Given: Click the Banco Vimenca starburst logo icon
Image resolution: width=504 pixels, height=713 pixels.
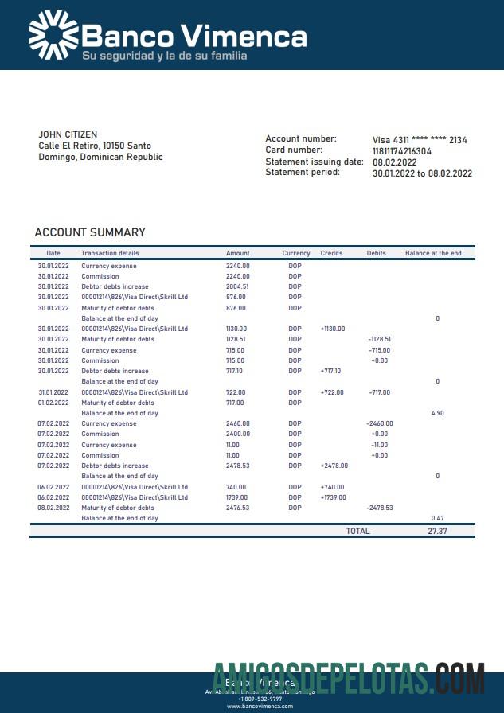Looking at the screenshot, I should point(53,34).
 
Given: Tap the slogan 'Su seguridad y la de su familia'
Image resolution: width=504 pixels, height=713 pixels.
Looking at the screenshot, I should point(164,56).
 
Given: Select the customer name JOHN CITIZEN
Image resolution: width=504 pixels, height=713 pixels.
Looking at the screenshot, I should point(68,134).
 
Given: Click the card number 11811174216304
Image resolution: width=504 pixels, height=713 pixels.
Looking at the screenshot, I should point(402,150).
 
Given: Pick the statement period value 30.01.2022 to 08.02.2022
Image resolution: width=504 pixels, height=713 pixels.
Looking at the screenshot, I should point(422,173).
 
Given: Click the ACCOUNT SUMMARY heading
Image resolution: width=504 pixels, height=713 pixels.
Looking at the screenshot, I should point(90,232).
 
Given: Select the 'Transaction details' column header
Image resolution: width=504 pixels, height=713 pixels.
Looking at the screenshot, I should point(110,253).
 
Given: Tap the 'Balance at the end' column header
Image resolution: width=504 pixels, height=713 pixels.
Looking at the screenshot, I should point(433,253).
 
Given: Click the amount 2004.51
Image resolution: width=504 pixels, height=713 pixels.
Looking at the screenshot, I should point(237,286).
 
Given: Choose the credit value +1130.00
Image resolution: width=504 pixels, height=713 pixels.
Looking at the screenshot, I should point(332,329).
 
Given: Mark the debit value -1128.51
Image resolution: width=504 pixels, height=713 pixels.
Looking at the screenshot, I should point(379,339).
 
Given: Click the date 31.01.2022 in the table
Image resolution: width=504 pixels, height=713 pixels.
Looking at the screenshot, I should point(53,392).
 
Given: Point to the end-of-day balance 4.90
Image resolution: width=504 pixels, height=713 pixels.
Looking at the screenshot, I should point(437,413).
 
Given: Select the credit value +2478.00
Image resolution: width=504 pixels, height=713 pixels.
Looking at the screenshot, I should point(334,466).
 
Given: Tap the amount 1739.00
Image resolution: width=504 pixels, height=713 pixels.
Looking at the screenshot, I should point(237,497).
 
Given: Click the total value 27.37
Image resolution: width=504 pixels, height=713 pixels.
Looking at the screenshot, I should point(437,531).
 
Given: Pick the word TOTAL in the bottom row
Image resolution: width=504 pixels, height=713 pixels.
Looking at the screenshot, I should point(357,531).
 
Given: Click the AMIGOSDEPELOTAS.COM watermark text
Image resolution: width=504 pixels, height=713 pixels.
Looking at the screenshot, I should point(349,680).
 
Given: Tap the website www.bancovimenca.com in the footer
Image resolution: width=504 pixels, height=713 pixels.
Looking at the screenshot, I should point(260,707).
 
